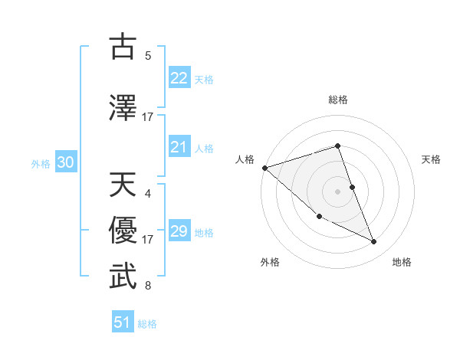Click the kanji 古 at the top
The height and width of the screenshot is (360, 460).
point(123,47)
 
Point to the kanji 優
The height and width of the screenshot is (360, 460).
point(123,230)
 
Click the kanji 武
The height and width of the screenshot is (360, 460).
point(123,277)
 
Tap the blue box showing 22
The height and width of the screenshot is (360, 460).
point(179,77)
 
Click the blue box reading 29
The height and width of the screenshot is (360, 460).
point(179,231)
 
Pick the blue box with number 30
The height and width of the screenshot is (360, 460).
point(65,162)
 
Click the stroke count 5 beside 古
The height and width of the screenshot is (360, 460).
point(148,56)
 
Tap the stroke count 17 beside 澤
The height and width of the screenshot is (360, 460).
point(148,117)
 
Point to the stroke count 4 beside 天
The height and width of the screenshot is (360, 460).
point(148,194)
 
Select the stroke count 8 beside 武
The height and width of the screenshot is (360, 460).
point(148,286)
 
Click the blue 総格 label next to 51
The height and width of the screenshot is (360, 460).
point(147,324)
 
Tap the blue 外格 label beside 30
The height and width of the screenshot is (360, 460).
point(41,163)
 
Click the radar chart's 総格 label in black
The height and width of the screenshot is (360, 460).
point(338,100)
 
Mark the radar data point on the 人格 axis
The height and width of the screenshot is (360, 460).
point(264,168)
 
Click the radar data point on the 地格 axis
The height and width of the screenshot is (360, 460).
point(374,242)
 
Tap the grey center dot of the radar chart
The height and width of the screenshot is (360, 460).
point(338,191)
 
